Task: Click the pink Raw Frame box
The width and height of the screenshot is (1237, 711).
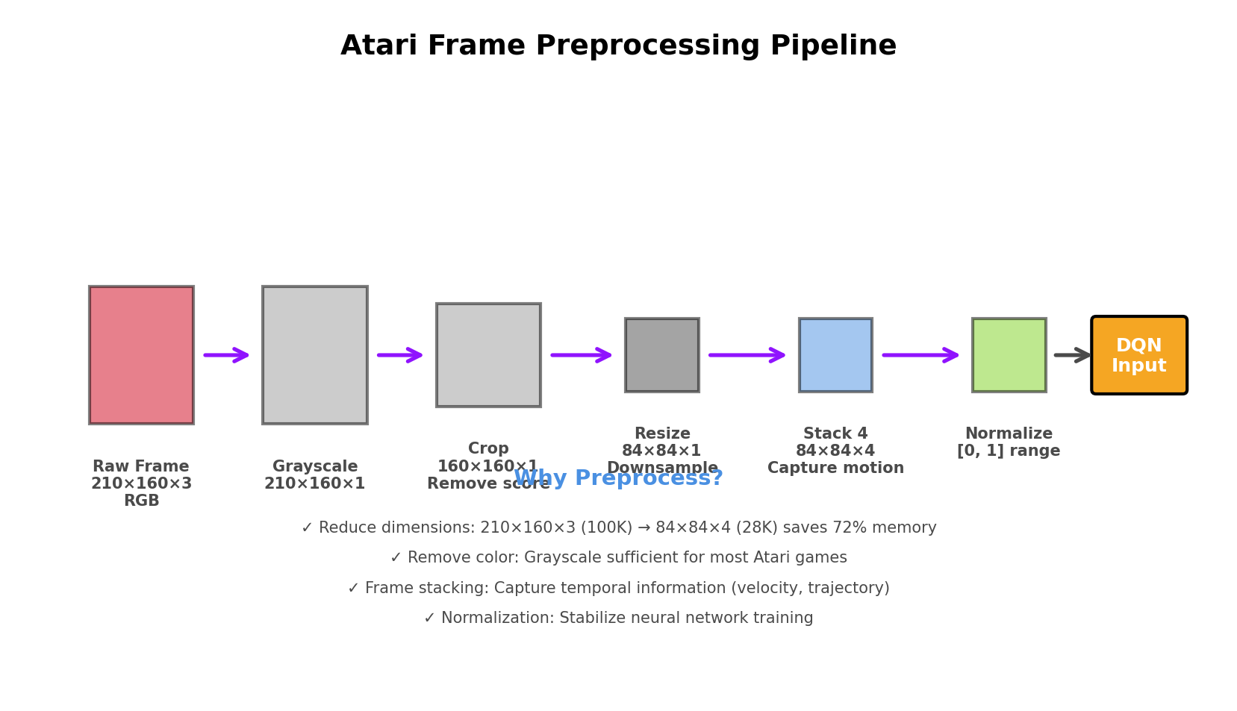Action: [x=141, y=355]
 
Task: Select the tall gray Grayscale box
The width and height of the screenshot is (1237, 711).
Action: [x=314, y=355]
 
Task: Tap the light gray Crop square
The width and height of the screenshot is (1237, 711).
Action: [x=488, y=355]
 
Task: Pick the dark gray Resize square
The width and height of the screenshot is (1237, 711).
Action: [x=661, y=355]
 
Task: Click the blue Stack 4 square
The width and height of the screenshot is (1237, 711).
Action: [x=835, y=355]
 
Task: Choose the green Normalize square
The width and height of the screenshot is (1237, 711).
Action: [x=1009, y=355]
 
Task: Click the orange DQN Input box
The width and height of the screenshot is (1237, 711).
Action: [x=1138, y=355]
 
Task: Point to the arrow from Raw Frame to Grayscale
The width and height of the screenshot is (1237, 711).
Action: [x=226, y=355]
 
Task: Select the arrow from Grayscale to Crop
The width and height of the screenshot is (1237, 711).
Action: [x=400, y=355]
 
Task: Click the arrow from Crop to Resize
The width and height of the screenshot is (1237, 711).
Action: [x=582, y=355]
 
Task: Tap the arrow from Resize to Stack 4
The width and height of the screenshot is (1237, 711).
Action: [x=747, y=355]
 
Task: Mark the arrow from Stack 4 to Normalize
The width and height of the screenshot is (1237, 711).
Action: [x=920, y=355]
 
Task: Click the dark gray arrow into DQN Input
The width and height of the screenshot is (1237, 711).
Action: [x=1072, y=355]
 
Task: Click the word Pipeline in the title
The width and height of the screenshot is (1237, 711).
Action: [x=832, y=46]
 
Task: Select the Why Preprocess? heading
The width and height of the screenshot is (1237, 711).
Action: [x=618, y=478]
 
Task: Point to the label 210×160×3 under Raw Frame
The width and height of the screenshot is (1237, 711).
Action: [x=141, y=484]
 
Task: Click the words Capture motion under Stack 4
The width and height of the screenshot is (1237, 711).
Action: [x=835, y=469]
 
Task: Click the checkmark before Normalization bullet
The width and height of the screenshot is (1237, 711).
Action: [x=429, y=618]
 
